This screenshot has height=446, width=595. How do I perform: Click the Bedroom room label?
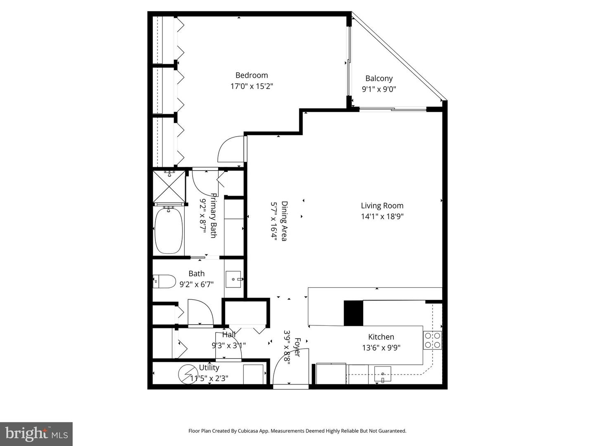[x=252, y=75]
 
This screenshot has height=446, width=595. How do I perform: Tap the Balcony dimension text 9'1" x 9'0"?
[x=379, y=89]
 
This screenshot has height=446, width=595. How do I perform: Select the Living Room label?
[x=382, y=206]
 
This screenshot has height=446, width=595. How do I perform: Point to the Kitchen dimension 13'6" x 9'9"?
[x=381, y=348]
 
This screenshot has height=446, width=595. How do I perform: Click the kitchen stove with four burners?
[x=433, y=340]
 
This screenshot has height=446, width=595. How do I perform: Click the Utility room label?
[x=209, y=368]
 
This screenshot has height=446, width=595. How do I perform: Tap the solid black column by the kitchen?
[x=353, y=313]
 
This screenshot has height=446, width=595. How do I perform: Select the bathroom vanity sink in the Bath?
[x=234, y=280]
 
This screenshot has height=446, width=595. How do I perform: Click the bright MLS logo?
[x=36, y=434]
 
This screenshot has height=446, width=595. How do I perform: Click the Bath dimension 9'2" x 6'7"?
[x=196, y=284]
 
